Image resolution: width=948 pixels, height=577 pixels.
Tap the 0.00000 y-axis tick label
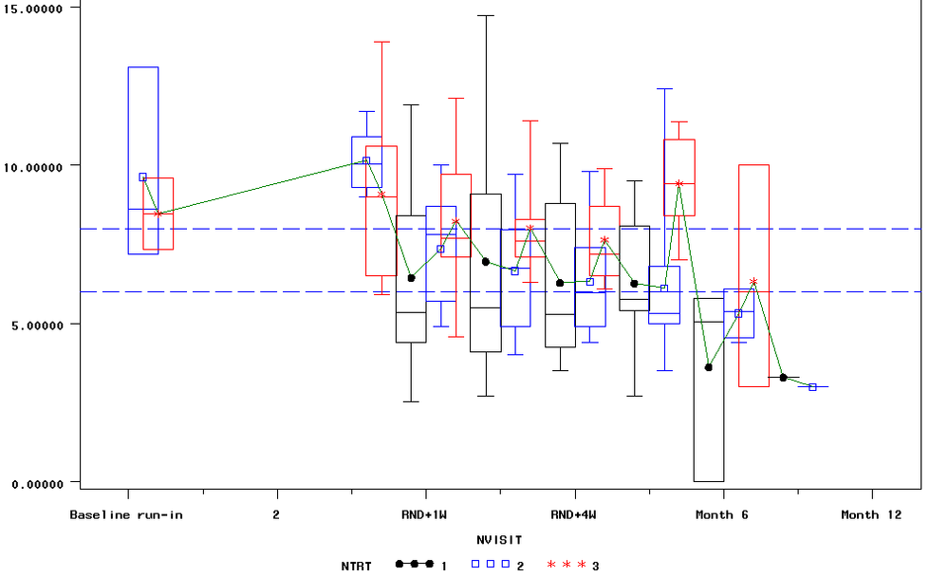[x=39, y=483]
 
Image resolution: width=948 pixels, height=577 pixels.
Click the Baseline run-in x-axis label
[x=126, y=515]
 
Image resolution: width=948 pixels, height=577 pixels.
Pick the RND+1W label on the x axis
[x=425, y=515]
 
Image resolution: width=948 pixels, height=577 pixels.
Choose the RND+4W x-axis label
[x=574, y=515]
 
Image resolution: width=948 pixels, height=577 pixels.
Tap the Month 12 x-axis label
[x=871, y=515]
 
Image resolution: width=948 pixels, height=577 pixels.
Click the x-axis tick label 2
[x=276, y=515]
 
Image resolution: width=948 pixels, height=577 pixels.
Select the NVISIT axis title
[x=499, y=540]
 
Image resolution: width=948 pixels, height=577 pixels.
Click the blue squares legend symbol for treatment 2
[x=490, y=565]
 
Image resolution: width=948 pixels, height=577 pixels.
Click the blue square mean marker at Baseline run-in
[x=143, y=177]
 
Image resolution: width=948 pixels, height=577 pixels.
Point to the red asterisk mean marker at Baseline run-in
[x=158, y=214]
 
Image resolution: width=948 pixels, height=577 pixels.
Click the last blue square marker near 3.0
[x=812, y=387]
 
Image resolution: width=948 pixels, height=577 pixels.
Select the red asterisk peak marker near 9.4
[x=678, y=183]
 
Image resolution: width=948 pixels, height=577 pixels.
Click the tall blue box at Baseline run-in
[x=143, y=123]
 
